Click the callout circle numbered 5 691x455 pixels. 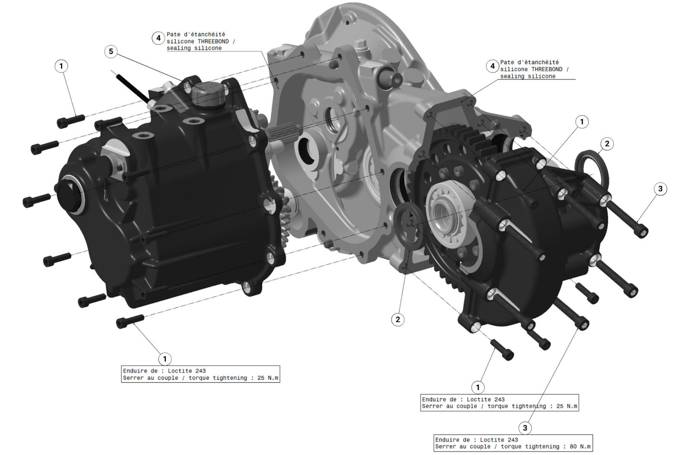tap(111, 51)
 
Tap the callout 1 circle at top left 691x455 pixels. tap(61, 66)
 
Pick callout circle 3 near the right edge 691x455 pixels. tap(660, 189)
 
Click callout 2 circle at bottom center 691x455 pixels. tap(397, 319)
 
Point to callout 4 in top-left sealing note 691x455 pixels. tap(158, 38)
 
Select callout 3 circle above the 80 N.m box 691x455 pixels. tap(525, 428)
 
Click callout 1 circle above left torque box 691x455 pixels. tap(165, 359)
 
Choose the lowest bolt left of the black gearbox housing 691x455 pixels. tap(129, 320)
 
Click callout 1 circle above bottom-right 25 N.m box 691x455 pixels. tap(478, 387)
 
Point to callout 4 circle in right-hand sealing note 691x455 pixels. tap(492, 66)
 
